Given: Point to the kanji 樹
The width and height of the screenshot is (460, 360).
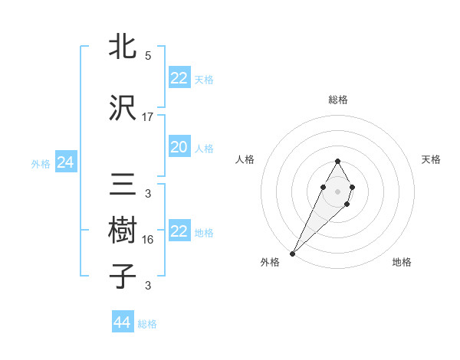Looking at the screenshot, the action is pyautogui.click(x=123, y=229).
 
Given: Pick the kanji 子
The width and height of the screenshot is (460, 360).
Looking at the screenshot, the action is pyautogui.click(x=123, y=276).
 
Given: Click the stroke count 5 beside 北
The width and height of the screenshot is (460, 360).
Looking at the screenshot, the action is pyautogui.click(x=148, y=56).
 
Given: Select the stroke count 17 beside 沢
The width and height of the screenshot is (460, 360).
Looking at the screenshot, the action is pyautogui.click(x=148, y=117).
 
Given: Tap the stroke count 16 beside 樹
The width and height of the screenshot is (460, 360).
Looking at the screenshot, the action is pyautogui.click(x=148, y=240).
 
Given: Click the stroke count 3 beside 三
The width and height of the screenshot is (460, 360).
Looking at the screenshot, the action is pyautogui.click(x=148, y=194).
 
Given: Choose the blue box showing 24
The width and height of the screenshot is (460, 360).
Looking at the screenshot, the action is pyautogui.click(x=65, y=162).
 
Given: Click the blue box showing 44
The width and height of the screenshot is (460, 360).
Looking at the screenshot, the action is pyautogui.click(x=122, y=322).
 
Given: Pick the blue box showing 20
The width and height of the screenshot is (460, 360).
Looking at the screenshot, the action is pyautogui.click(x=179, y=147).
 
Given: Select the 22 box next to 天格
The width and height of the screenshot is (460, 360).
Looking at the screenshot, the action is pyautogui.click(x=179, y=78).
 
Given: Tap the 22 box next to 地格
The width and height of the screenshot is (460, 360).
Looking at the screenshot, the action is pyautogui.click(x=179, y=231).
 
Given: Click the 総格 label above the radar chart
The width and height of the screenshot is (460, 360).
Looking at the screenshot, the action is pyautogui.click(x=337, y=100).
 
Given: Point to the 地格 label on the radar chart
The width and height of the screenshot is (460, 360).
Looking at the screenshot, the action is pyautogui.click(x=402, y=262).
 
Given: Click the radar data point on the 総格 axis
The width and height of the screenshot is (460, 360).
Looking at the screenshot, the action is pyautogui.click(x=337, y=161).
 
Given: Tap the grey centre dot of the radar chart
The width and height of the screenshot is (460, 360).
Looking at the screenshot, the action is pyautogui.click(x=337, y=190).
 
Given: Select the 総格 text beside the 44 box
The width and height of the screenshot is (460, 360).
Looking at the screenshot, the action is pyautogui.click(x=147, y=324).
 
